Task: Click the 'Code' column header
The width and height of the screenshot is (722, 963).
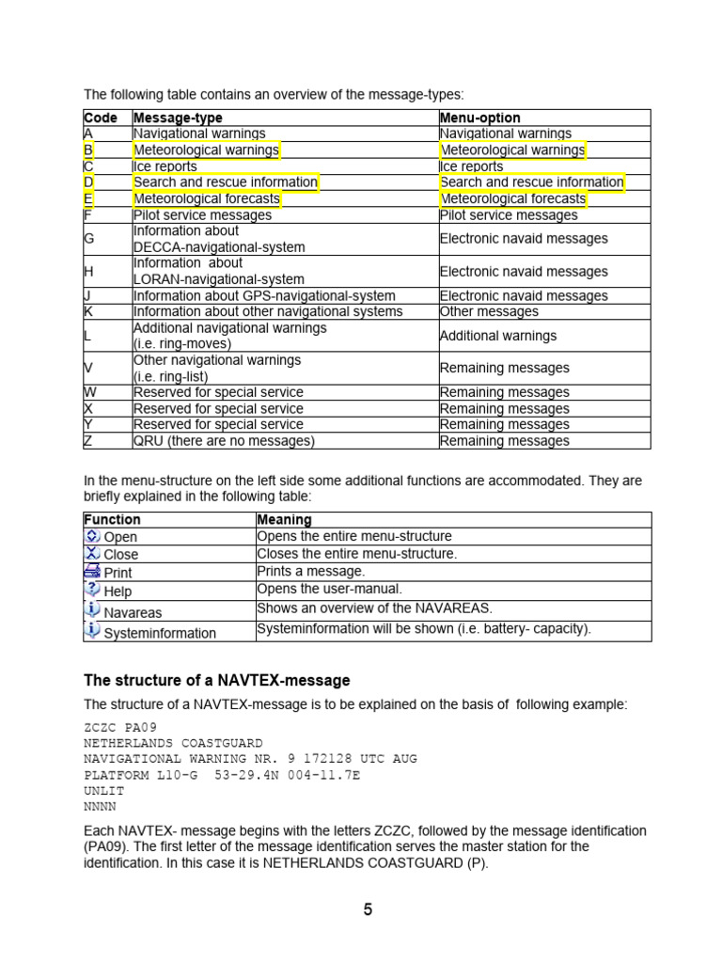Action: point(101,118)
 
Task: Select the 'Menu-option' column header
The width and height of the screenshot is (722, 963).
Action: point(479,118)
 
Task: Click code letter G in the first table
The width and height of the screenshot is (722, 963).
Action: point(89,239)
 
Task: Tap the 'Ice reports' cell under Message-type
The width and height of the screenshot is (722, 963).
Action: point(165,166)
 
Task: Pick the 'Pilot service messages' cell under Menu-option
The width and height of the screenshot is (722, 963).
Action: point(509,215)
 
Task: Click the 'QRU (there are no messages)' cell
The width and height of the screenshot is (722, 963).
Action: point(224,440)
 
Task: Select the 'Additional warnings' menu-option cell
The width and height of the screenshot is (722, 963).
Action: point(498,336)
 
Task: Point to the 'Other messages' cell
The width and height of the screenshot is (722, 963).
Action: point(489,311)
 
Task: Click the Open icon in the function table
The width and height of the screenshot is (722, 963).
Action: point(92,536)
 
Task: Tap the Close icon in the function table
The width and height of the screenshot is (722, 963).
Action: point(92,553)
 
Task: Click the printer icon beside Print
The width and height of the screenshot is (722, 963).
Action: point(92,571)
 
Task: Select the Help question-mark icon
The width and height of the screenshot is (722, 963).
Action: point(92,590)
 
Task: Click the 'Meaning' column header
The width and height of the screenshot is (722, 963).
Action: point(284,519)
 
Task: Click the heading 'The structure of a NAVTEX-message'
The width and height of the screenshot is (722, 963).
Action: point(217,680)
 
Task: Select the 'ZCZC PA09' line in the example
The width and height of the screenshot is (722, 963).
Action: point(120,727)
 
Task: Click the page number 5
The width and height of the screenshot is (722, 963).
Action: point(368,908)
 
